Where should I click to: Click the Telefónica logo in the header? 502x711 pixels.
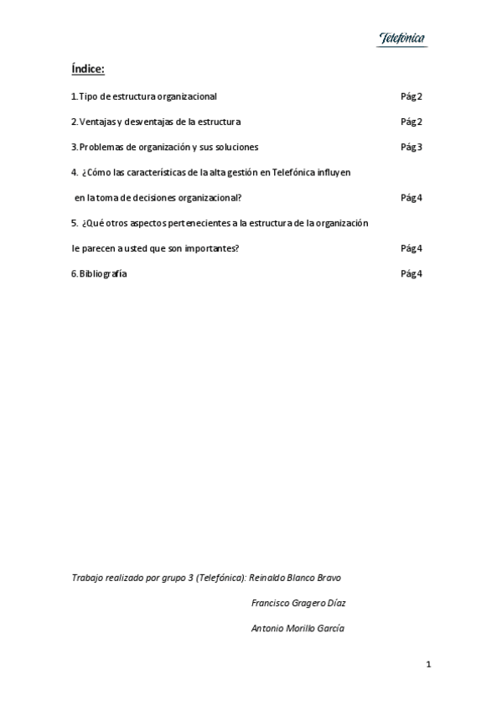point(402,39)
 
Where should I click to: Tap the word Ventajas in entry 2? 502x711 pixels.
point(96,122)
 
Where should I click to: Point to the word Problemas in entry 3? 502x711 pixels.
point(101,148)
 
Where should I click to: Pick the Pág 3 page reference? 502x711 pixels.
point(411,148)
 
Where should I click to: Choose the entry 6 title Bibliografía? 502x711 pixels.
point(103,273)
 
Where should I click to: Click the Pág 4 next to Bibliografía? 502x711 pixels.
point(411,273)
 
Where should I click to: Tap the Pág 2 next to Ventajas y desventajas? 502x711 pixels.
point(411,122)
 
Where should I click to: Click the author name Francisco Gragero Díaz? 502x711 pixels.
point(299,603)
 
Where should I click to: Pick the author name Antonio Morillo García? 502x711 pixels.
point(298,628)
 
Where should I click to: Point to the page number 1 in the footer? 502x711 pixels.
point(428,665)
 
